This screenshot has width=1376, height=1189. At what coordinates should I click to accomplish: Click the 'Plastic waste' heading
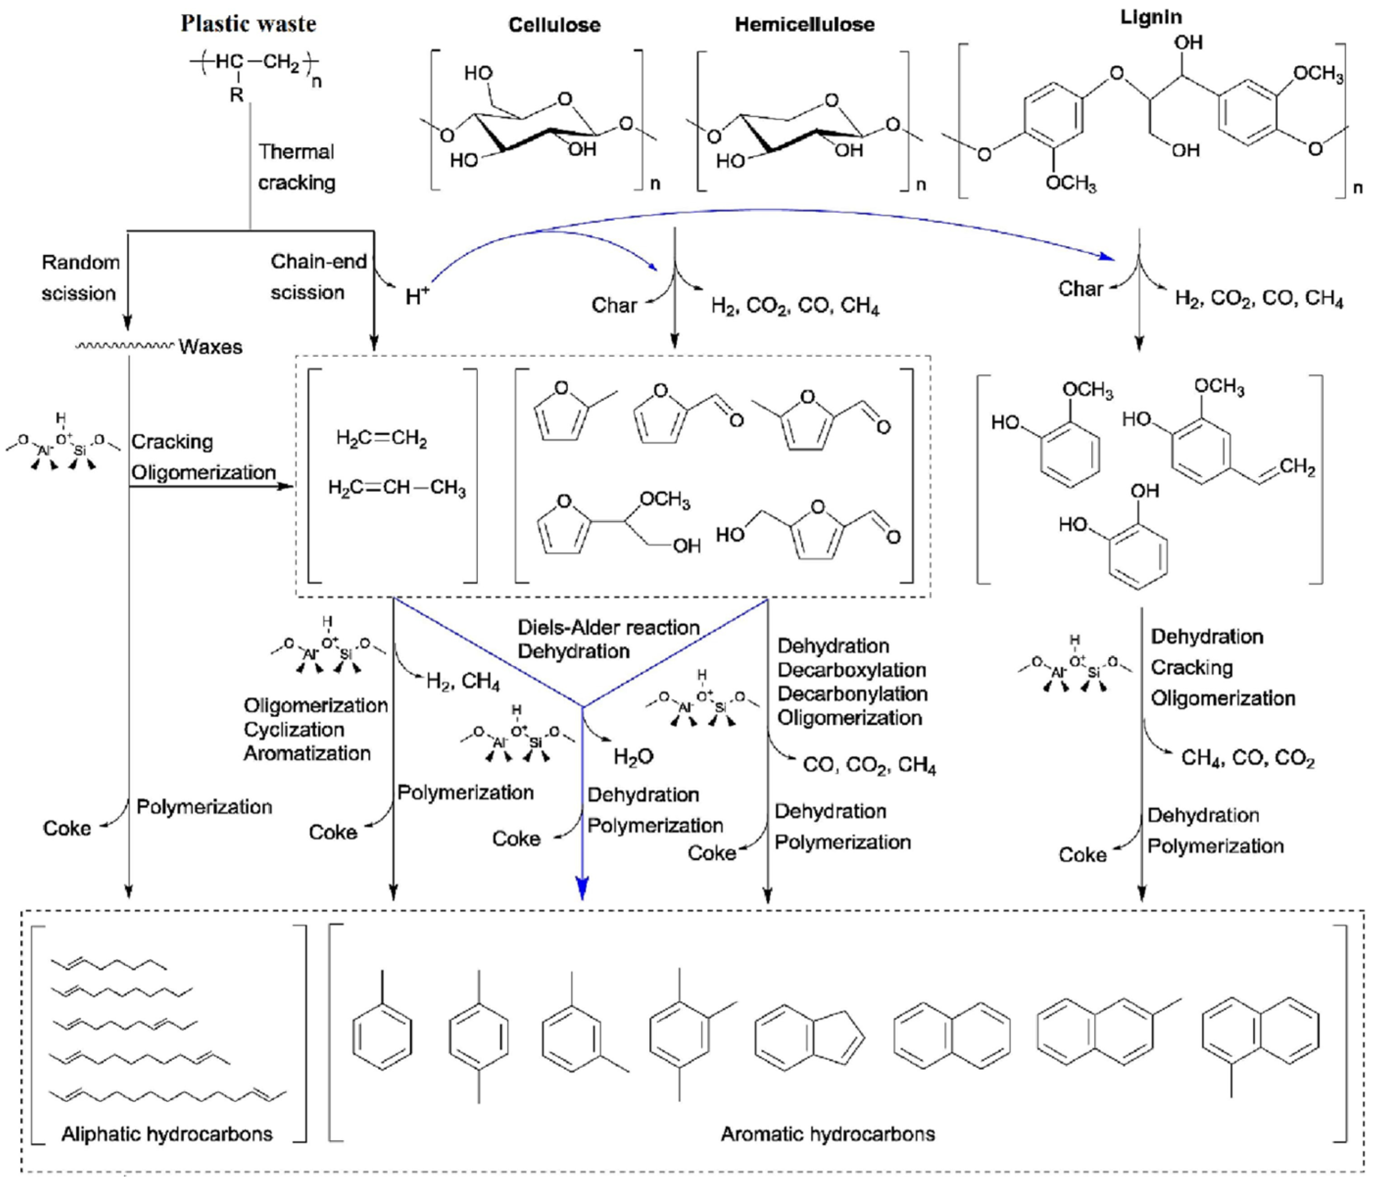[248, 24]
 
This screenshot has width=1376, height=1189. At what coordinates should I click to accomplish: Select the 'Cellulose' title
[554, 25]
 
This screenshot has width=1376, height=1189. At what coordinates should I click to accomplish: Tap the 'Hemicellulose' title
[804, 24]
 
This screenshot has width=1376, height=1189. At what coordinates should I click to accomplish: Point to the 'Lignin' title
[1151, 17]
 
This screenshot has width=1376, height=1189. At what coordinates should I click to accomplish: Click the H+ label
[417, 297]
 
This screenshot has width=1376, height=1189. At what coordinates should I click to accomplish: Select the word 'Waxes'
[210, 347]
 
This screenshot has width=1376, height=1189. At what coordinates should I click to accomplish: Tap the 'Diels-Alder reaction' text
[608, 628]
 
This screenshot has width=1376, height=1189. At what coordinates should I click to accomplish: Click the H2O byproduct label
[633, 757]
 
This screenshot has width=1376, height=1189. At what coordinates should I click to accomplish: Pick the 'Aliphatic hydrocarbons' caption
[167, 1133]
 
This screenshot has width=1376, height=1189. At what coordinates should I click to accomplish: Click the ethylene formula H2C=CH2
[381, 439]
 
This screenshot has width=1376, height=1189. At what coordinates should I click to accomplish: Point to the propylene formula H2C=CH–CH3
[397, 488]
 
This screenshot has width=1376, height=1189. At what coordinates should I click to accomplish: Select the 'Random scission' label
[80, 277]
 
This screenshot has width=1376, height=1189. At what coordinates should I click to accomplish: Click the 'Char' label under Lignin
[1080, 289]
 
